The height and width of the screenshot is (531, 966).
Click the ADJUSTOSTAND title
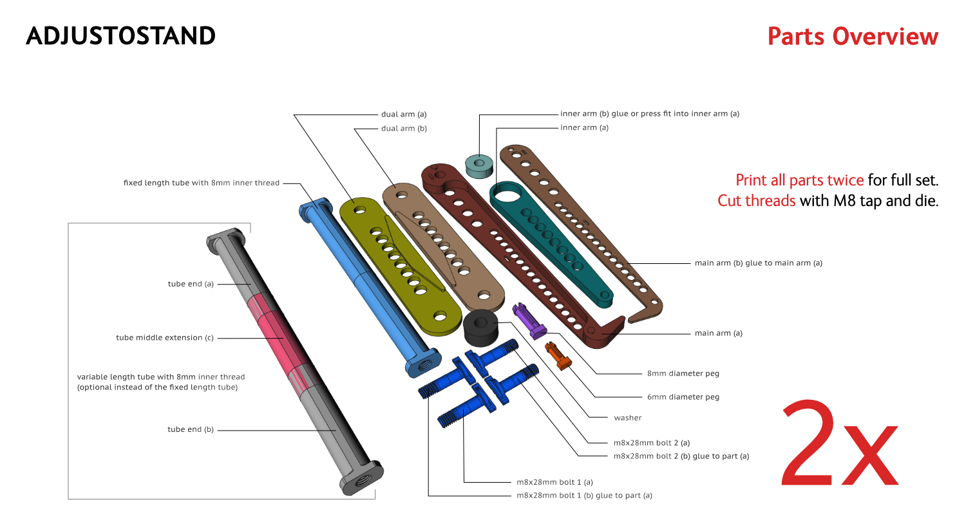[120, 36]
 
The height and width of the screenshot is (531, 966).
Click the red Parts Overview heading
[853, 37]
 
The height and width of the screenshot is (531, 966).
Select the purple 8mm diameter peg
[529, 321]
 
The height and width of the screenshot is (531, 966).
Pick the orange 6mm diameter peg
[558, 356]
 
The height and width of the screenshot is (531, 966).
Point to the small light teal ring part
[479, 165]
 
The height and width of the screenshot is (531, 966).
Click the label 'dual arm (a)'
[404, 115]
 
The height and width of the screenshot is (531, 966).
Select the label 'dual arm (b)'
[404, 129]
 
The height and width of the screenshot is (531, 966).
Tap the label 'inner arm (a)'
[584, 127]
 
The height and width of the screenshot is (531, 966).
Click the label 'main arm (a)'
[718, 333]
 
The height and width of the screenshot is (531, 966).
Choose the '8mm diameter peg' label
[683, 373]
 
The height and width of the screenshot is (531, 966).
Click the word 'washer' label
[627, 418]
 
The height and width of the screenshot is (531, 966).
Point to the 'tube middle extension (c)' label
[164, 337]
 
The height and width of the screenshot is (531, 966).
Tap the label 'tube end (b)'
[190, 429]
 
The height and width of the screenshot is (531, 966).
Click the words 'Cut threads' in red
[756, 201]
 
